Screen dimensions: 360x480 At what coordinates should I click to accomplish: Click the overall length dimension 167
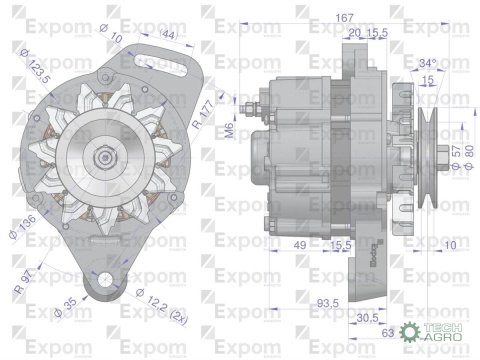(x=319, y=17)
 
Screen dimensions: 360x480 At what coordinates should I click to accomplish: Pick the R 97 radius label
(x=24, y=273)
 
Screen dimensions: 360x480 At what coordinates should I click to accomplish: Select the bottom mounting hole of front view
(x=101, y=277)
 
